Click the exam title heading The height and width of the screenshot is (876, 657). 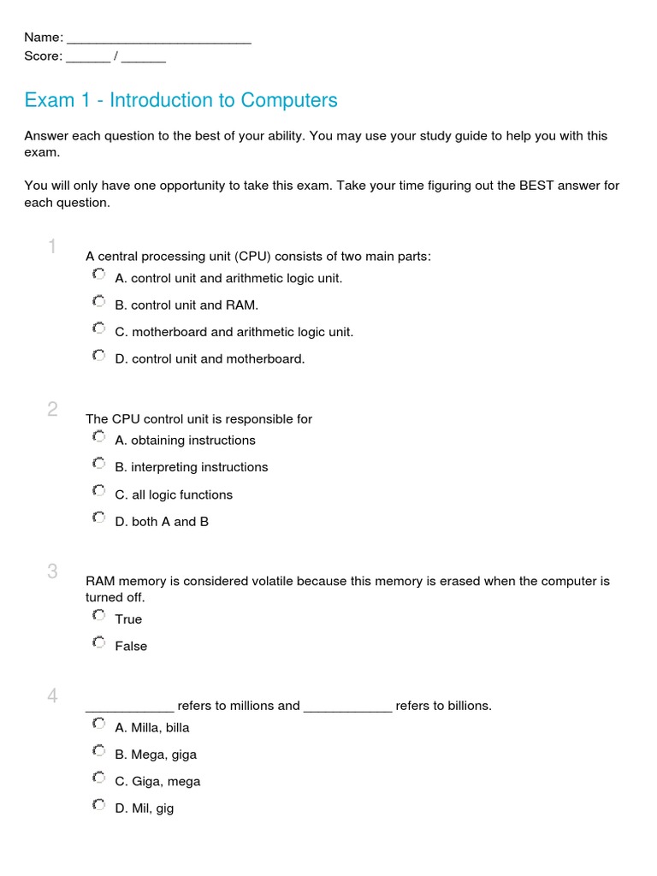(x=181, y=100)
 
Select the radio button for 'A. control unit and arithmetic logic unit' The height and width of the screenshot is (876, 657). (x=98, y=275)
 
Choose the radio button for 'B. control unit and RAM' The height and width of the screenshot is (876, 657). (x=98, y=302)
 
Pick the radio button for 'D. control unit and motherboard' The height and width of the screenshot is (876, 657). (x=98, y=356)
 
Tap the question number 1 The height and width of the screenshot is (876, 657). (x=52, y=247)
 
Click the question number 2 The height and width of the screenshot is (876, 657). (x=52, y=410)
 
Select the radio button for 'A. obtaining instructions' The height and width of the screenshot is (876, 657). (x=98, y=437)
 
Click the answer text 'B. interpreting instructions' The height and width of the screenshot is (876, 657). (x=191, y=467)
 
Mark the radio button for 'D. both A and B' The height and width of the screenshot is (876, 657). (x=98, y=518)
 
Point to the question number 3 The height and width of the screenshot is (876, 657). (x=52, y=571)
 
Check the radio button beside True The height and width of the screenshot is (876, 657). (x=98, y=616)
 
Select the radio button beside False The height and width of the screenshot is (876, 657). (x=98, y=643)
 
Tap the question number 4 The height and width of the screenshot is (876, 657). (x=52, y=696)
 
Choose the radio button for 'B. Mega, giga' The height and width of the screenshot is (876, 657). (x=98, y=751)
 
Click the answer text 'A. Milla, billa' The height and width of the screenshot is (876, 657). (x=151, y=728)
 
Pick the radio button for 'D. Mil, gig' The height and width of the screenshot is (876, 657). (x=98, y=805)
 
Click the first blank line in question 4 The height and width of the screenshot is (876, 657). (x=129, y=707)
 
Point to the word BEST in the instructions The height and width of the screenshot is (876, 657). (x=536, y=186)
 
